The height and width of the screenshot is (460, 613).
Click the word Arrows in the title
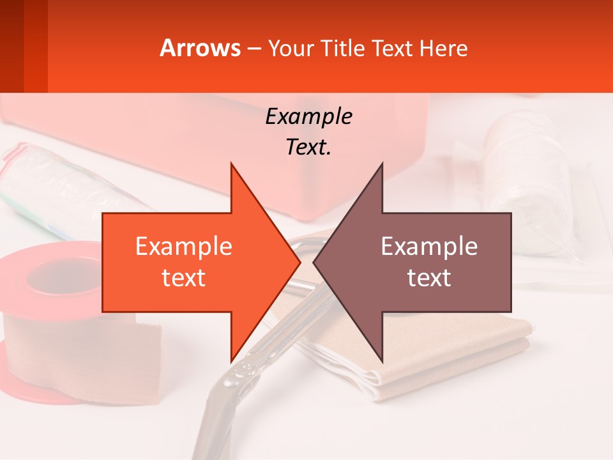[x=201, y=48]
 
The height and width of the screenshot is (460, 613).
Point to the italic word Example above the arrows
[x=308, y=116]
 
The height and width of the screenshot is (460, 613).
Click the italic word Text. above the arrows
[x=308, y=147]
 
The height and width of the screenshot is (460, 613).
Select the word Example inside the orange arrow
[x=183, y=246]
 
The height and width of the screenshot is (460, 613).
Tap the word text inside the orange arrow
[x=183, y=277]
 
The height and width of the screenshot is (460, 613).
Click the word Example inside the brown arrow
[x=429, y=246]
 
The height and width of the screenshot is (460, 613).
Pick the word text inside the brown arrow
[x=429, y=277]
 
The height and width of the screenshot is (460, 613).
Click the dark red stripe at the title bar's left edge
[x=12, y=46]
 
